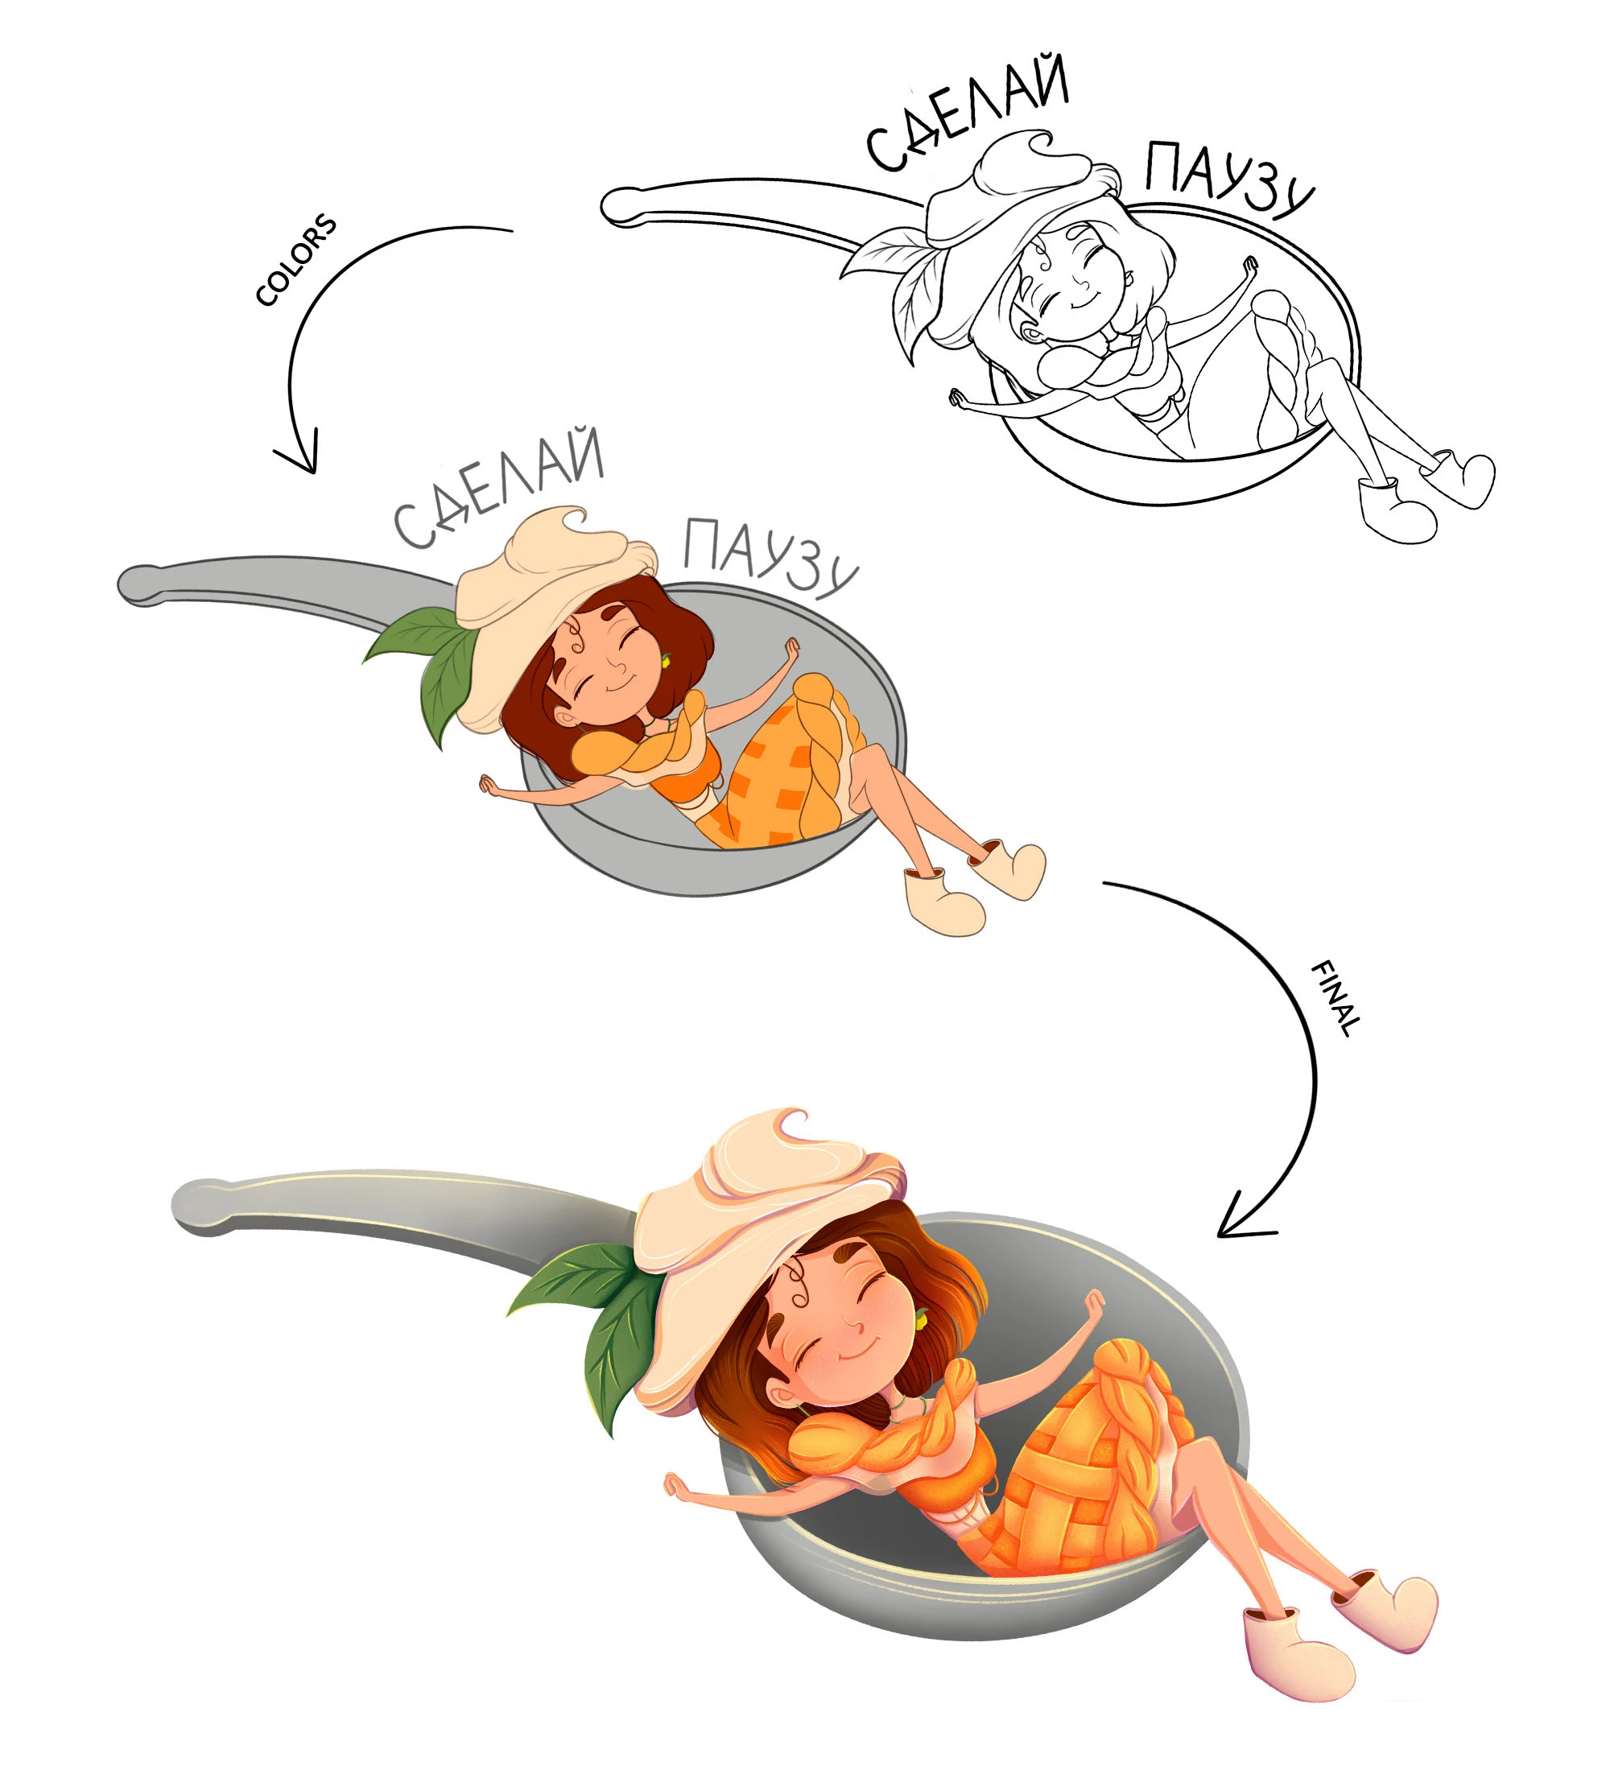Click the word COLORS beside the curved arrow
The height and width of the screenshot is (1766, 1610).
click(296, 259)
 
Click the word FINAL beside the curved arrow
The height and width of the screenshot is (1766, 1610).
click(1335, 999)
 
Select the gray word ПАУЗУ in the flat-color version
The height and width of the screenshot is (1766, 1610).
click(769, 558)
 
